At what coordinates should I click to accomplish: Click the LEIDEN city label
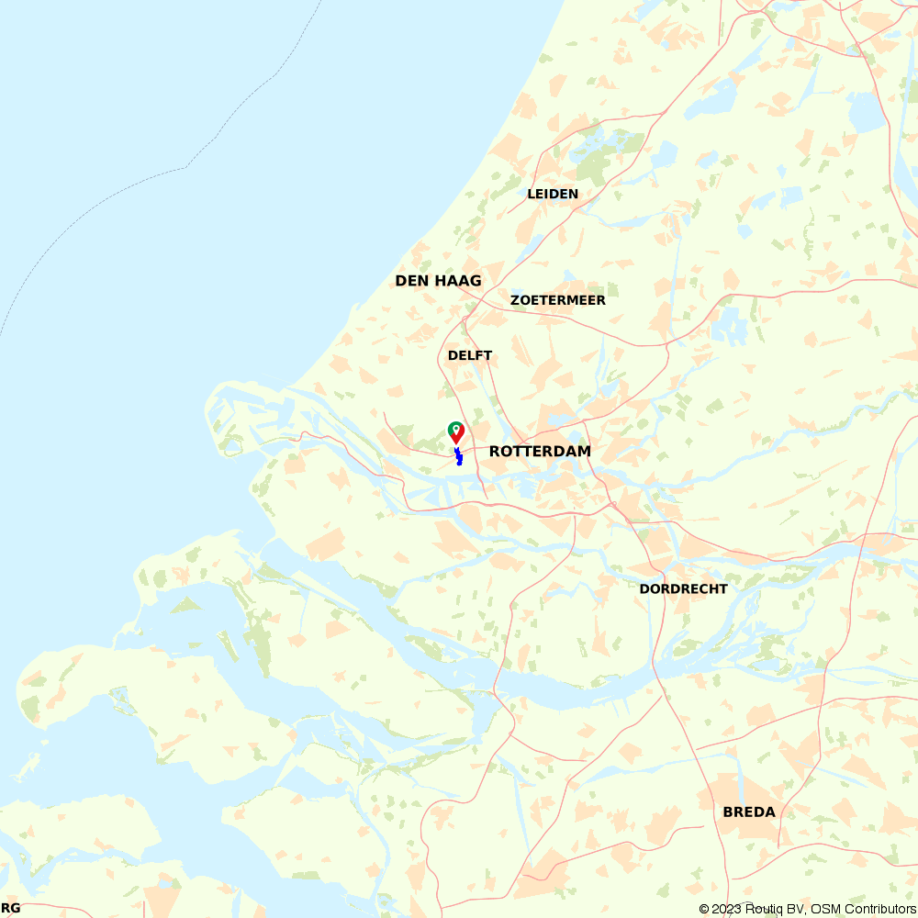(553, 194)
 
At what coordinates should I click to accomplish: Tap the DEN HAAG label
(438, 280)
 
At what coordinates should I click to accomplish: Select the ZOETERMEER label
(558, 300)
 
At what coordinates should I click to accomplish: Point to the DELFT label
(470, 355)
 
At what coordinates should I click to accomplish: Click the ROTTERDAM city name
(540, 451)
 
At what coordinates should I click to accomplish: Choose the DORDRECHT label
(683, 588)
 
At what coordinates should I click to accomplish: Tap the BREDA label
(749, 812)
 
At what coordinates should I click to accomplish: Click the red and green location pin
(455, 431)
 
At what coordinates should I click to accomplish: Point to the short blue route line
(458, 456)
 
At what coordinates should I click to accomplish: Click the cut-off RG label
(10, 908)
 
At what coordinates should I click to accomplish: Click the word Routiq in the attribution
(765, 909)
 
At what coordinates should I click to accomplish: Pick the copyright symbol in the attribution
(704, 909)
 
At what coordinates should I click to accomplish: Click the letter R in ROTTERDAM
(495, 451)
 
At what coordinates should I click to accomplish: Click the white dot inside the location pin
(455, 428)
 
